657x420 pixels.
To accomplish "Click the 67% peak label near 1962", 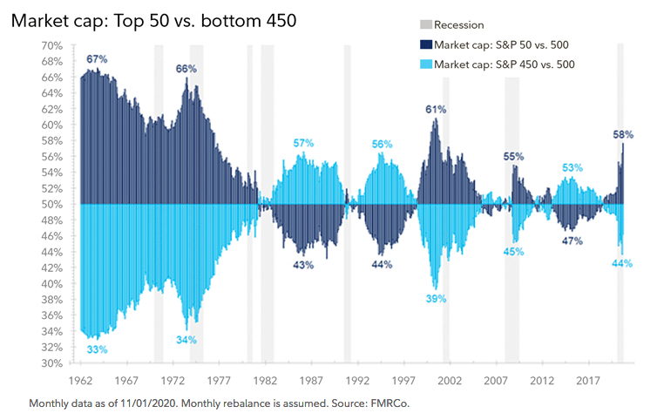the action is tap(97, 59).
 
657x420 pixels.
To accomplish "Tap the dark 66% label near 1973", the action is tap(186, 69).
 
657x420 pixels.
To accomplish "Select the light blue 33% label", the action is tap(98, 349).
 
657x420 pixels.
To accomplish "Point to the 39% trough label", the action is tap(437, 299).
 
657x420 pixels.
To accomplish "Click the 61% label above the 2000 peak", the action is tap(436, 110).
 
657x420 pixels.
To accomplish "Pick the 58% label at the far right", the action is tap(623, 134).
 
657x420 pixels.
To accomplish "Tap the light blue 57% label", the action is tap(303, 144).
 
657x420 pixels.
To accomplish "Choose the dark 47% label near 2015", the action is tap(572, 241).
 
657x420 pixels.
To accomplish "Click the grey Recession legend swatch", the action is tap(426, 24).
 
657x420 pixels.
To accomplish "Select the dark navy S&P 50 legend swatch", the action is tap(426, 44).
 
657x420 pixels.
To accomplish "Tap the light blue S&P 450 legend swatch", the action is tap(426, 64).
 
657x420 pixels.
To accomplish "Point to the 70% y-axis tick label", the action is tap(52, 45).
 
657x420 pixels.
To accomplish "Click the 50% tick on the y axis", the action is tap(52, 205).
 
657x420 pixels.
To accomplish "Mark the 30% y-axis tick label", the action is tap(52, 363).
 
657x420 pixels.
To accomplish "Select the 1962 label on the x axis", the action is tap(80, 381).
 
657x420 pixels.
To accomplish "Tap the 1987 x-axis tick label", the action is tap(311, 381).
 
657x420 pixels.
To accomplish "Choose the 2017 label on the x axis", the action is tap(588, 381).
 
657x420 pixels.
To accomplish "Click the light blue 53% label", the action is tap(572, 167).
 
